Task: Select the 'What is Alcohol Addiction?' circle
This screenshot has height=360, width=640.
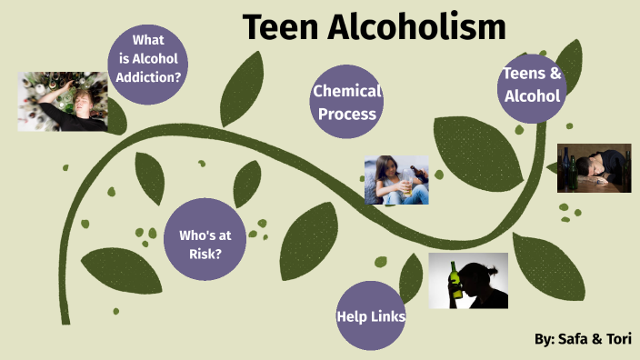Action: (148, 58)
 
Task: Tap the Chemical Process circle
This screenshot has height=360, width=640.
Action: (345, 102)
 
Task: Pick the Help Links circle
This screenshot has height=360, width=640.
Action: (370, 315)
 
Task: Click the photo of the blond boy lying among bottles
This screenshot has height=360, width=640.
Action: (63, 101)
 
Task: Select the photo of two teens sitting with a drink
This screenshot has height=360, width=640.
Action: (396, 179)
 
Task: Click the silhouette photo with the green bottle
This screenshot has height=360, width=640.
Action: (468, 280)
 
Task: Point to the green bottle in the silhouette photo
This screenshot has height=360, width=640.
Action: (455, 283)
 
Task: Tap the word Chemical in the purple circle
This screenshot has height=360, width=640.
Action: (346, 91)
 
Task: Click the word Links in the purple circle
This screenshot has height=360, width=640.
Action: (386, 316)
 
